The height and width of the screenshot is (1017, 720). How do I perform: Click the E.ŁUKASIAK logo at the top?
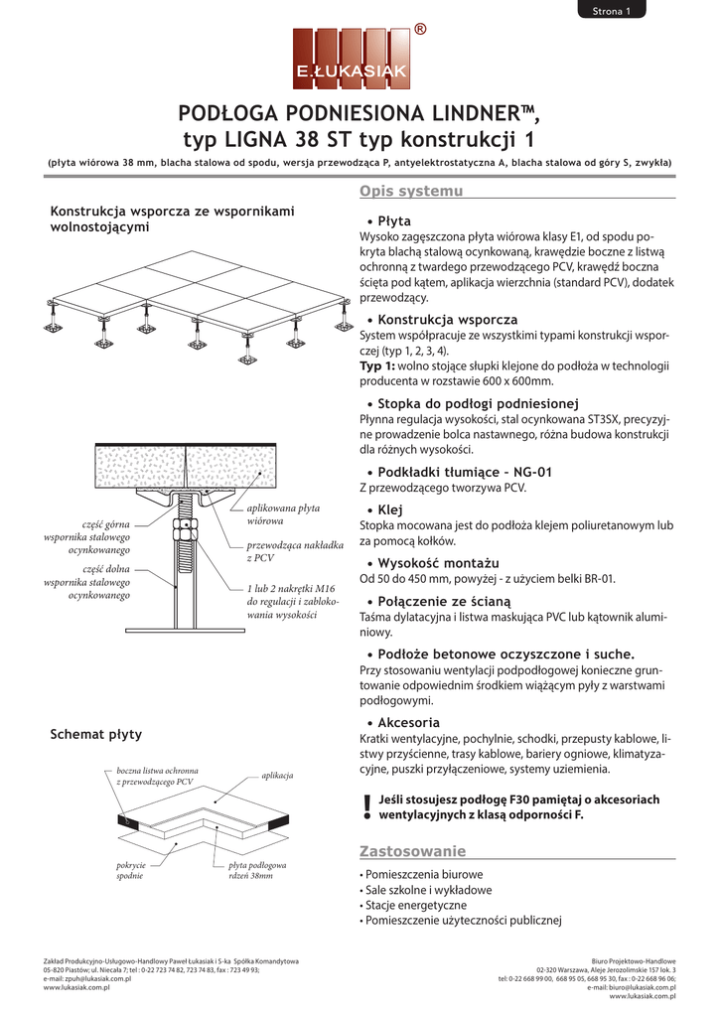coord(351,59)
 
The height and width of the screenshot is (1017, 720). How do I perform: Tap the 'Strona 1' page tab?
coord(611,10)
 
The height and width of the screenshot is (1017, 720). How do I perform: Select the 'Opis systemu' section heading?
coord(411,191)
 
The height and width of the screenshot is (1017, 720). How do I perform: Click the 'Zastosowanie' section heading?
coord(412,851)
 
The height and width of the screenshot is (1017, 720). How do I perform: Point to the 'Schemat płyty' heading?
coord(96,734)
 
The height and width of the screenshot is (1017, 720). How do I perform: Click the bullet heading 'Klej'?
coord(390,509)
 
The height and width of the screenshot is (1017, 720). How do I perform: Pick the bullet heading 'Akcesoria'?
coord(408,723)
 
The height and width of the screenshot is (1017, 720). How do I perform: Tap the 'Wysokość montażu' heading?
coord(439,563)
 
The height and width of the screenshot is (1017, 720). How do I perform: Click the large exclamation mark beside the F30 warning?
coord(367,807)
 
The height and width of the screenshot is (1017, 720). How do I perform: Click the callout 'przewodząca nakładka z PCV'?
coord(295,551)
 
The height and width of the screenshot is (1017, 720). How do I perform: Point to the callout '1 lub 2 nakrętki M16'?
coord(291,588)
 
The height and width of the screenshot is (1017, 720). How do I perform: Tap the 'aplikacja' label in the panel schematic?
coord(278,775)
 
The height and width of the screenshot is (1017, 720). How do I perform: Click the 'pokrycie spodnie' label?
coord(130,870)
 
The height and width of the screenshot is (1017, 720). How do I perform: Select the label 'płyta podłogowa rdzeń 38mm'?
coord(257,870)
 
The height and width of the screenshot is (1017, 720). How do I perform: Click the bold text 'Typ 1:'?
coord(376,365)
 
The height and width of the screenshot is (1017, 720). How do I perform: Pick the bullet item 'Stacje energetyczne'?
coord(416,906)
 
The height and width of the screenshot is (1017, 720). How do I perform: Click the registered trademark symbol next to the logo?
coord(420,29)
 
